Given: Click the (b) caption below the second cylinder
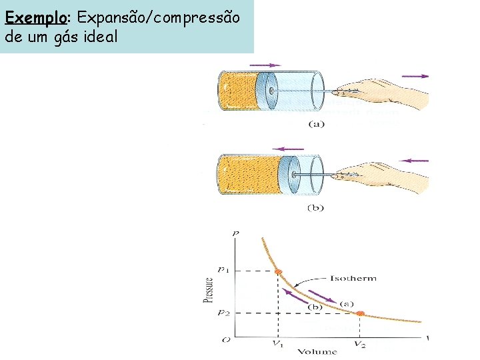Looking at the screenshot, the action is (315, 207).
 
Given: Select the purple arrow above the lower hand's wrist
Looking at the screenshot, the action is (417, 160).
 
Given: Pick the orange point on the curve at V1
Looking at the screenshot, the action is (278, 271).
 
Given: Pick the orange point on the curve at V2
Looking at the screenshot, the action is (361, 313).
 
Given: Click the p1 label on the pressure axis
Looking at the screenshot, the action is (225, 271).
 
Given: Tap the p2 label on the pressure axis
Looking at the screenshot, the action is (225, 313).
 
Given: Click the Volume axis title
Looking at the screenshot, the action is (317, 351).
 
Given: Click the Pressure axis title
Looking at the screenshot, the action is (208, 291).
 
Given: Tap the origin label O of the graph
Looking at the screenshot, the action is (226, 340).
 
